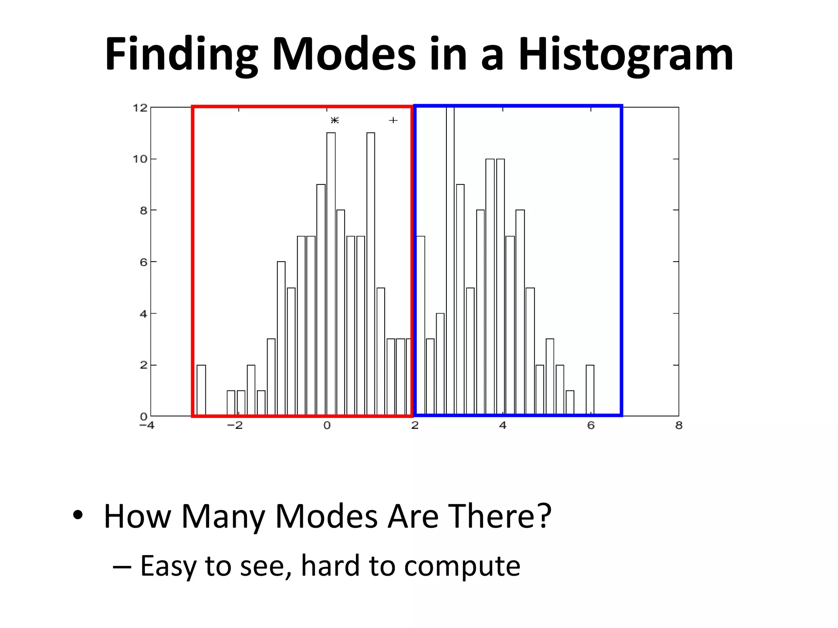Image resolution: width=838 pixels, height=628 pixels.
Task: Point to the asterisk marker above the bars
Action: click(x=335, y=120)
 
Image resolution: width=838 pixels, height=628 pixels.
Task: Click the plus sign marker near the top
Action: click(x=393, y=120)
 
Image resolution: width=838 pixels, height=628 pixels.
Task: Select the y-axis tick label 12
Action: click(x=140, y=108)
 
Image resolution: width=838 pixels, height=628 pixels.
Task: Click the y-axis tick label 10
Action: click(x=140, y=159)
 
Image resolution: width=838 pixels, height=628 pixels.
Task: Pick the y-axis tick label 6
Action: click(x=143, y=262)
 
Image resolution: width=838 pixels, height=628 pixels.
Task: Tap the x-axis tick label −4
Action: click(x=147, y=426)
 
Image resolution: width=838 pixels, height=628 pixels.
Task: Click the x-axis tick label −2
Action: click(x=235, y=426)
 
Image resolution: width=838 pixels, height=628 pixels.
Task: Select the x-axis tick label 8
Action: click(x=679, y=426)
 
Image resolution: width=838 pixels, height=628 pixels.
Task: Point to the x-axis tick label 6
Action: click(x=591, y=426)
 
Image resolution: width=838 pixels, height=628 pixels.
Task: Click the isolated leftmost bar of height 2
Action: click(x=201, y=390)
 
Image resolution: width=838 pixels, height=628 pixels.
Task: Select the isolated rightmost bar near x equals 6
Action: click(x=590, y=390)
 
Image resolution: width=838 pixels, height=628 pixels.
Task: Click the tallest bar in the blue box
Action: click(x=450, y=262)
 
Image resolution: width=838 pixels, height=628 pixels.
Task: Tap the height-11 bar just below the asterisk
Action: click(x=331, y=274)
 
